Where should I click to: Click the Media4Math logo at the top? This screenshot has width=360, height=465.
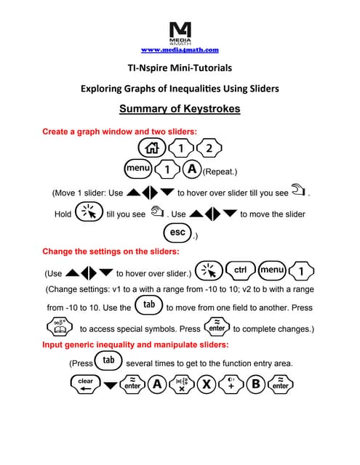180,33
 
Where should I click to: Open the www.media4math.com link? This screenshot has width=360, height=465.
180,50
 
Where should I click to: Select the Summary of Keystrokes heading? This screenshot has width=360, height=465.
180,109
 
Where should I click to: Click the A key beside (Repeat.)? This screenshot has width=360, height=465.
191,169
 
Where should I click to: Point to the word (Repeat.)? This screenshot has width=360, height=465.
220,172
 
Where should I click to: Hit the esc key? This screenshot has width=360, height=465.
177,233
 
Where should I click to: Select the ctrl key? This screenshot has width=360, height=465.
241,270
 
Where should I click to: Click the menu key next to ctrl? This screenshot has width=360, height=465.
274,270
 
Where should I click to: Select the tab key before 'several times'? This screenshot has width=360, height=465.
108,360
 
